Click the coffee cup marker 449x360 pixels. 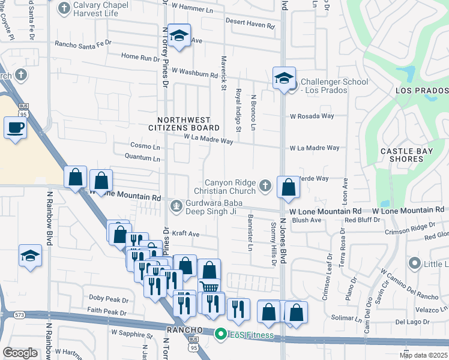(15, 128)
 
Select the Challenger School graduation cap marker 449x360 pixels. (284, 78)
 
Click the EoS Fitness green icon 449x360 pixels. (221, 334)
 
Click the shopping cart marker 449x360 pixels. (209, 287)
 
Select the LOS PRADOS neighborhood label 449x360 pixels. (421, 91)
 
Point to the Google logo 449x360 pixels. (20, 353)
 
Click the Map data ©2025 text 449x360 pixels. (423, 355)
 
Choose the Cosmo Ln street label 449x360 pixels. (145, 146)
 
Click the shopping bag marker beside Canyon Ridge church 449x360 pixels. (289, 187)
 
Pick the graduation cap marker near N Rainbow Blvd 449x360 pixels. (30, 256)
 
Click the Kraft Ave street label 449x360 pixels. (185, 234)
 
